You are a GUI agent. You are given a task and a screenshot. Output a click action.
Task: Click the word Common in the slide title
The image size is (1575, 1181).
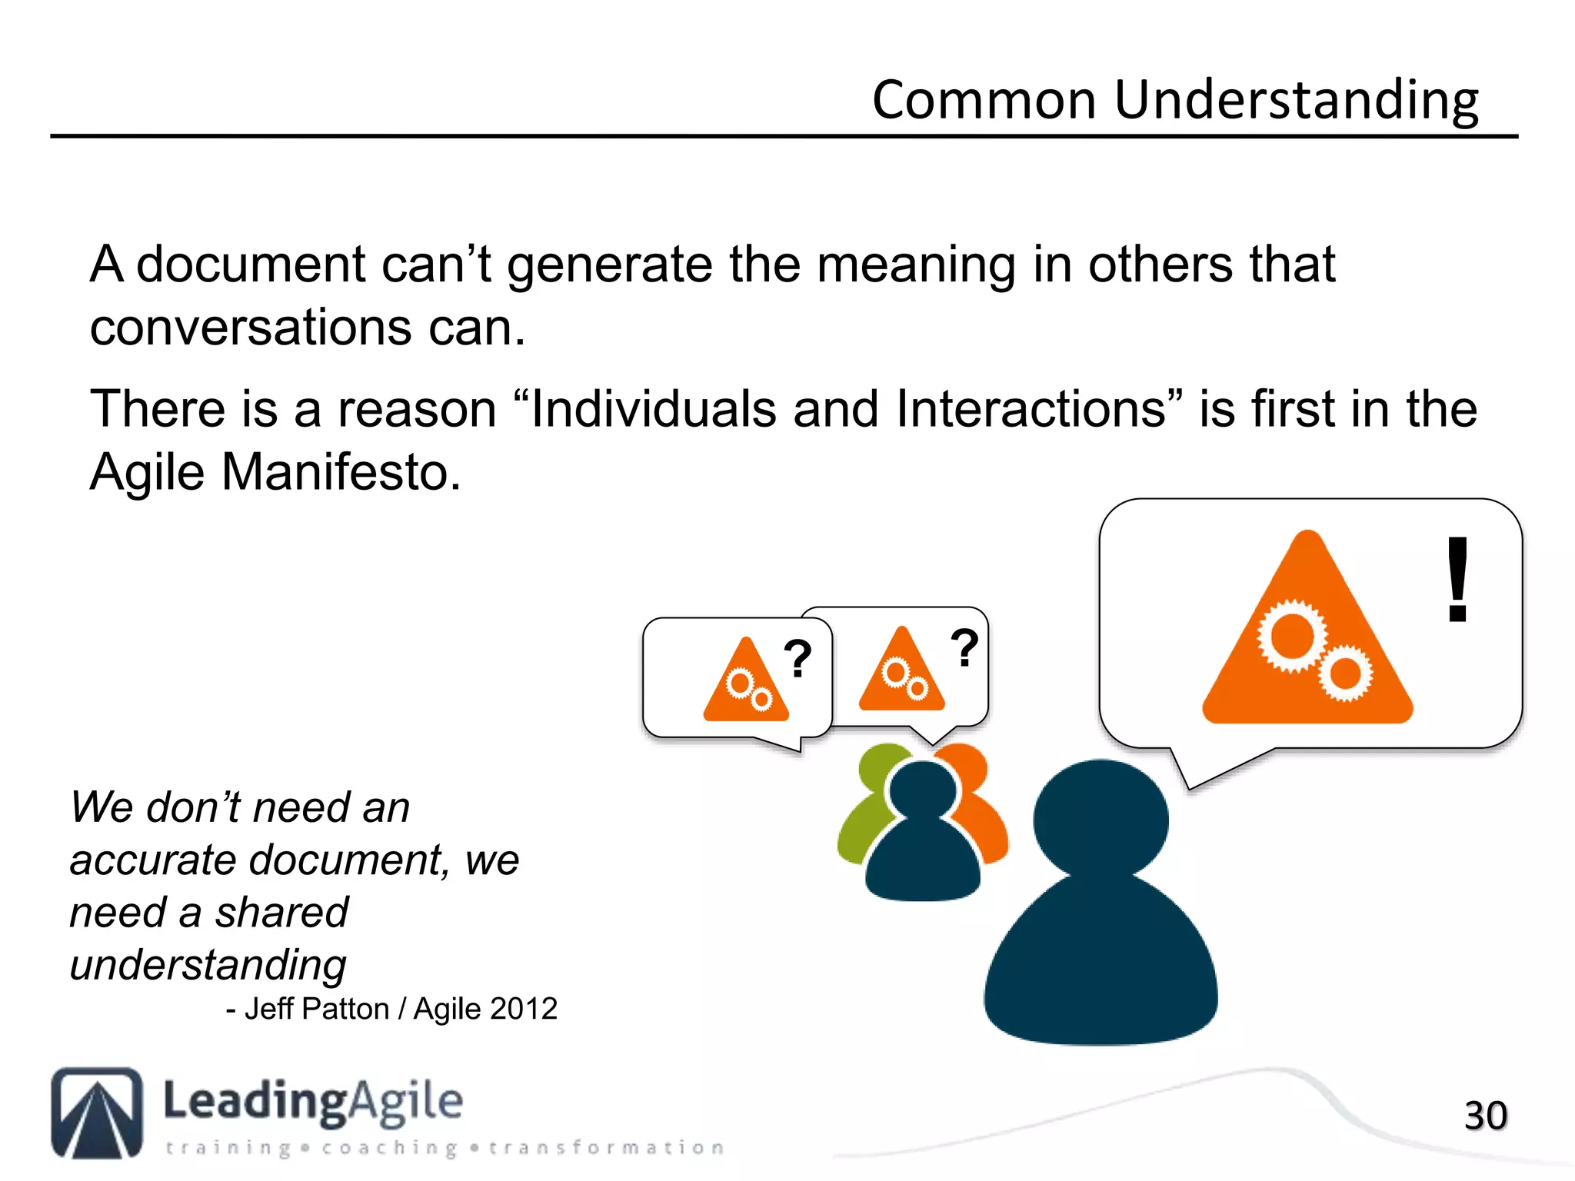pyautogui.click(x=984, y=100)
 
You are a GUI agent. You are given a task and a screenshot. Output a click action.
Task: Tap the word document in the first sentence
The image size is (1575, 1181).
pyautogui.click(x=250, y=264)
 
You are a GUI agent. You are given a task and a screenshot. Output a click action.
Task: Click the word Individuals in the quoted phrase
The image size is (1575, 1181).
pyautogui.click(x=653, y=408)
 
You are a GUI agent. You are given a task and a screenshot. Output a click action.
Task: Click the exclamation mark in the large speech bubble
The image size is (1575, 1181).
pyautogui.click(x=1457, y=581)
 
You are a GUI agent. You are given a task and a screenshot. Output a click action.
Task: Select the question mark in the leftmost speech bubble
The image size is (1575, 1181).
pyautogui.click(x=797, y=659)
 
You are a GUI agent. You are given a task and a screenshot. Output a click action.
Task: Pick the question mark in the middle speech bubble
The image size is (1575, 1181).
pyautogui.click(x=964, y=647)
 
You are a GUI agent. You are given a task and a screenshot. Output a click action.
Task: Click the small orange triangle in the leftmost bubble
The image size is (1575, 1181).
pyautogui.click(x=745, y=682)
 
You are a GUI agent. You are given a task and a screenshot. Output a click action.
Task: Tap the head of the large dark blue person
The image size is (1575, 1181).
pyautogui.click(x=1101, y=819)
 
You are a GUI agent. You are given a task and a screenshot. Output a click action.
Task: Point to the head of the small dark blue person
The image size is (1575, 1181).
pyautogui.click(x=922, y=792)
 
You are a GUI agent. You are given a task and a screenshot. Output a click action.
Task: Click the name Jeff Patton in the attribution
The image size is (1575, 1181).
pyautogui.click(x=317, y=1009)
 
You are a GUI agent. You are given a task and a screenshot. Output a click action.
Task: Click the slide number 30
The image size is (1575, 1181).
pyautogui.click(x=1485, y=1116)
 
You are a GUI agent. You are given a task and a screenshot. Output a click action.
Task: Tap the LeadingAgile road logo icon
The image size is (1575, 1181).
pyautogui.click(x=97, y=1113)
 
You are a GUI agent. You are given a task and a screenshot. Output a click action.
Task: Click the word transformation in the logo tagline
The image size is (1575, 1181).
pyautogui.click(x=606, y=1148)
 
